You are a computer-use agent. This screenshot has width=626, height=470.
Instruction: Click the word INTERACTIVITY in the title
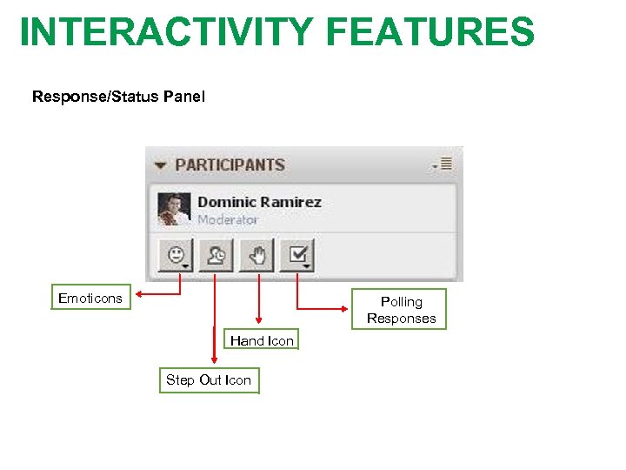[164, 31]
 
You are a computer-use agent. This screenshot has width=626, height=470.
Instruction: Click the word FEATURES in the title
[430, 31]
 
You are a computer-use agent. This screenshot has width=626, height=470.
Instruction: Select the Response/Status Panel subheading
[118, 97]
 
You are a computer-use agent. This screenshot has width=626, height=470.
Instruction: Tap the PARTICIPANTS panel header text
[230, 164]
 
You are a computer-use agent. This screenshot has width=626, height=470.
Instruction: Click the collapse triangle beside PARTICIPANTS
[160, 165]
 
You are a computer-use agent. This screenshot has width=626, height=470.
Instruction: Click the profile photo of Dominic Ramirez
[174, 209]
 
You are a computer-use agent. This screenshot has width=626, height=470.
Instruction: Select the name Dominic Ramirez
[259, 202]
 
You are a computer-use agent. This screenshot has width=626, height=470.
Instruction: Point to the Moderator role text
[228, 220]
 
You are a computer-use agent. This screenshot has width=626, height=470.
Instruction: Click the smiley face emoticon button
[176, 256]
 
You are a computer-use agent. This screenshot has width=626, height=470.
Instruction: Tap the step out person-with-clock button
[216, 256]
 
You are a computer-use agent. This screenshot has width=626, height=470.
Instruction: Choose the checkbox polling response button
[299, 256]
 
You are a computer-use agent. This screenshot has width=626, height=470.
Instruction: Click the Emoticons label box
[90, 298]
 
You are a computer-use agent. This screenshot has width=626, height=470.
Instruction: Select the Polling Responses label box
[401, 310]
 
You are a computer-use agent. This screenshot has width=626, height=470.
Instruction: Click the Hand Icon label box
[262, 340]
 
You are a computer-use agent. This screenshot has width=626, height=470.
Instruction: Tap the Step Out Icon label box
[209, 380]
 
